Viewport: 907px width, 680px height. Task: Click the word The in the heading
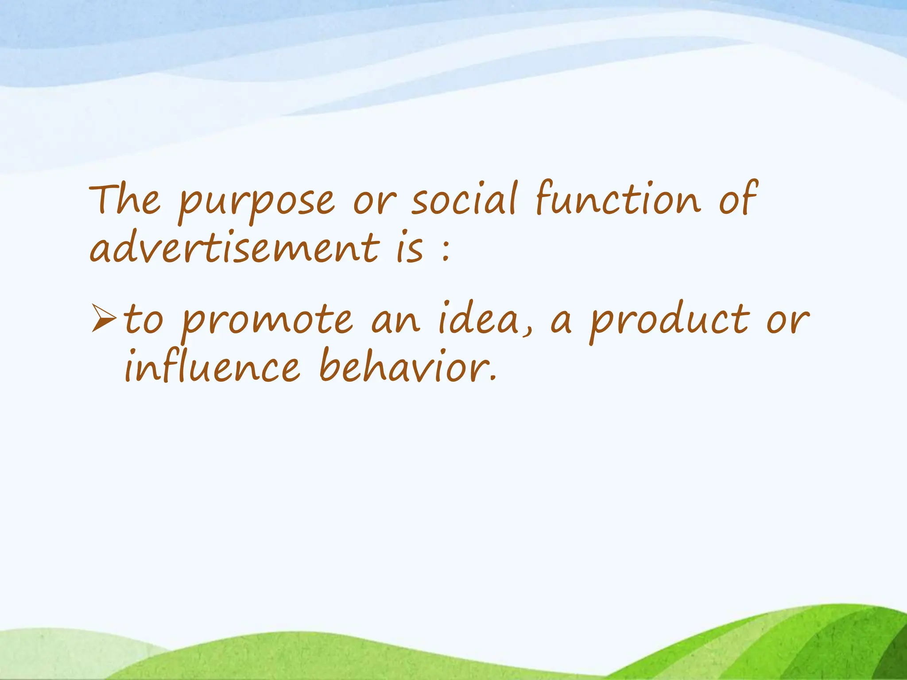[x=124, y=200]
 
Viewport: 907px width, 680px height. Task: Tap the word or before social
[x=372, y=203]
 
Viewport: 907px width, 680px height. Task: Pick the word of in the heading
[x=738, y=199]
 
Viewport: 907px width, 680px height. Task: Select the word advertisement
[x=234, y=247]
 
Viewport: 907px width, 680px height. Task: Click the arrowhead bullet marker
[x=104, y=318]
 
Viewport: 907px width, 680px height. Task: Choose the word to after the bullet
[x=143, y=319]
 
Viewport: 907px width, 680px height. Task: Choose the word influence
[x=212, y=366]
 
